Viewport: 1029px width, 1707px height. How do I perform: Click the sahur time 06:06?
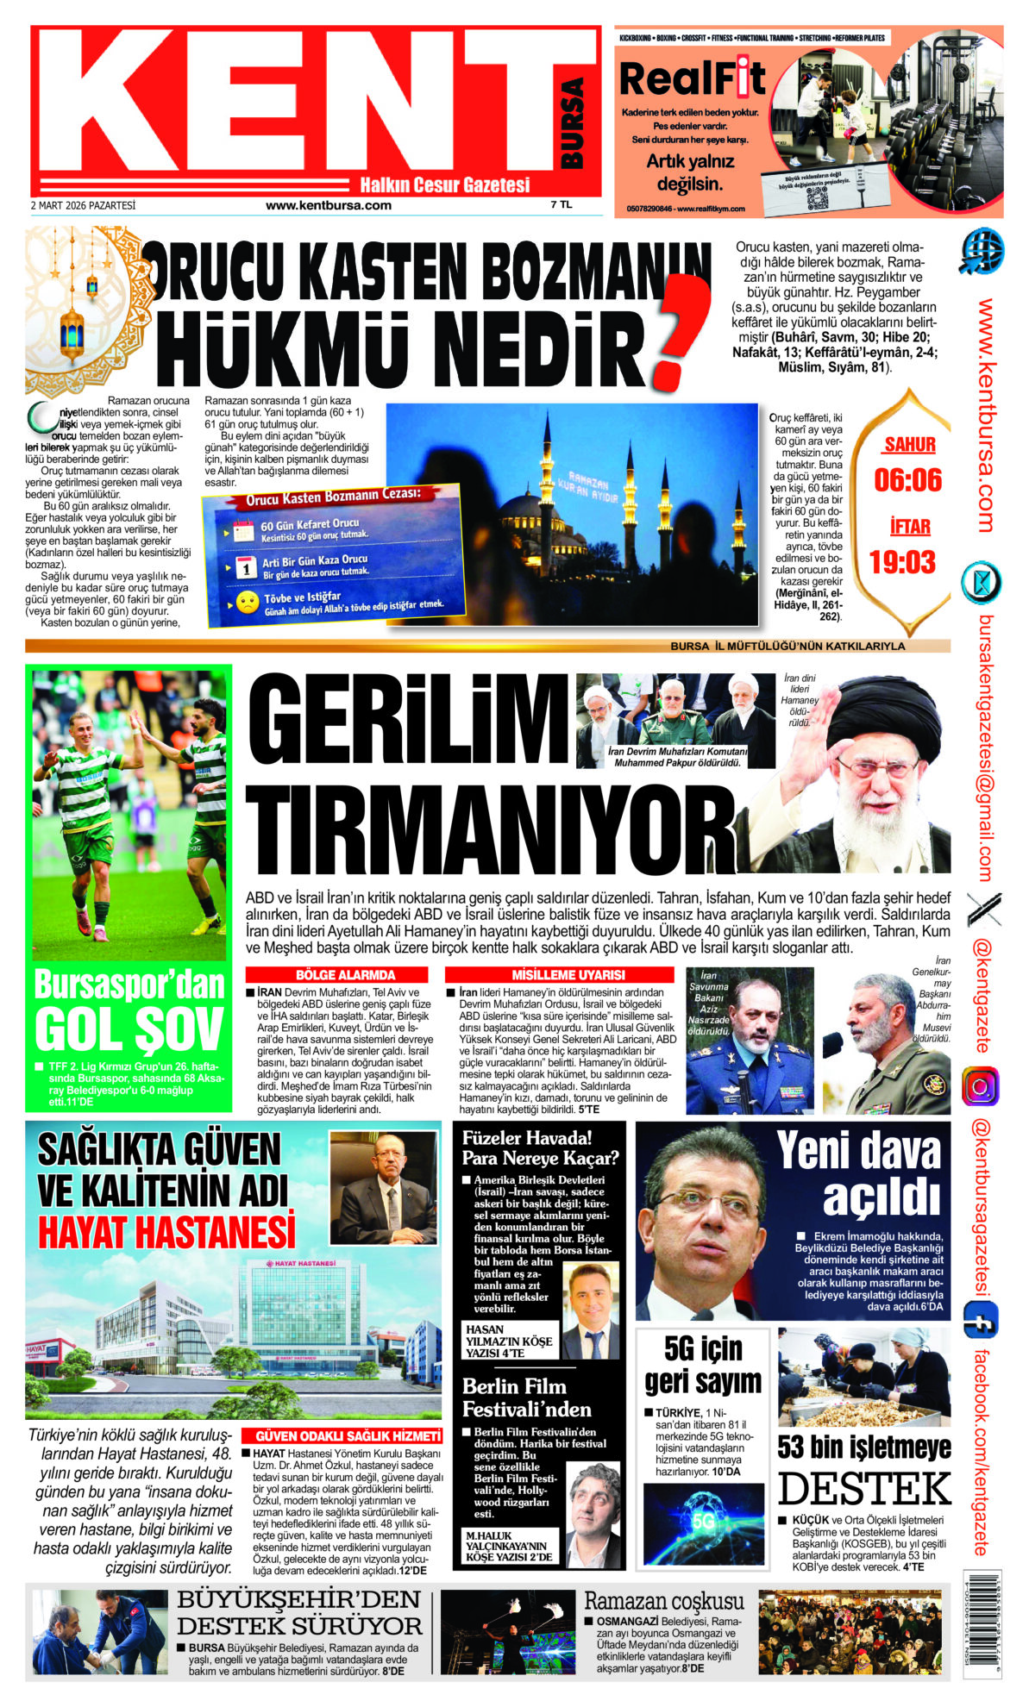pyautogui.click(x=908, y=480)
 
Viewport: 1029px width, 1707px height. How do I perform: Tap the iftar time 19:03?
pyautogui.click(x=902, y=562)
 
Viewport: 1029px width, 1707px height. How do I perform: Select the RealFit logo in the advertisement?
pyautogui.click(x=693, y=78)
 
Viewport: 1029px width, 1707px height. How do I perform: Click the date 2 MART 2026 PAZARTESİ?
pyautogui.click(x=83, y=206)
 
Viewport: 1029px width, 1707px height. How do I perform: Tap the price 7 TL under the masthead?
pyautogui.click(x=562, y=205)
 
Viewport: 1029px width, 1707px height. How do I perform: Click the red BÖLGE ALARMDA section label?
pyautogui.click(x=345, y=975)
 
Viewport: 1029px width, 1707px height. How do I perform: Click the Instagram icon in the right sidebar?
pyautogui.click(x=981, y=1086)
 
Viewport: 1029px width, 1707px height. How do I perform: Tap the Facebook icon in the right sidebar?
pyautogui.click(x=981, y=1321)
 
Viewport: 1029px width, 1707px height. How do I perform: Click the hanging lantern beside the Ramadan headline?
pyautogui.click(x=71, y=327)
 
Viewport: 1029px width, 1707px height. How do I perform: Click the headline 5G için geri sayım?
pyautogui.click(x=703, y=1365)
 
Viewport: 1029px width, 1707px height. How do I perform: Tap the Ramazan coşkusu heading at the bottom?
pyautogui.click(x=663, y=1601)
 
